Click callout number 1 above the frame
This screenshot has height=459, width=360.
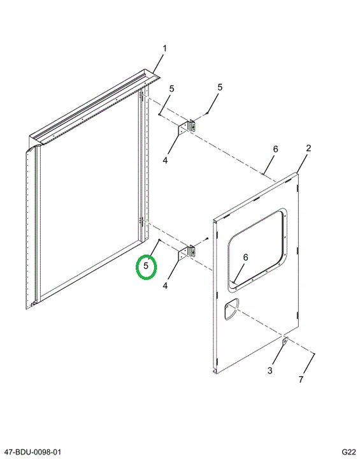165,48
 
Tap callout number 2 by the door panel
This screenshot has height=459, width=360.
308,148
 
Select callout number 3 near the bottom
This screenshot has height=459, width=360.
270,370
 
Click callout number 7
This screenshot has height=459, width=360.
301,379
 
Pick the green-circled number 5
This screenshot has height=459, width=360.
146,266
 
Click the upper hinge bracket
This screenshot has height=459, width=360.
187,127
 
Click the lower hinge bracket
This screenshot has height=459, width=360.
187,252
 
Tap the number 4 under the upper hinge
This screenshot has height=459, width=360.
165,161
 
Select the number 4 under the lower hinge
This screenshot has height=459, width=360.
165,286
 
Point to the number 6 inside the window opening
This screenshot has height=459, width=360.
245,258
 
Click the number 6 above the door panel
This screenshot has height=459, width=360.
275,149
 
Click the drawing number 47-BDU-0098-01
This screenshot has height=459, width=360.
32,452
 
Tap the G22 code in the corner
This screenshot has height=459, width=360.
349,452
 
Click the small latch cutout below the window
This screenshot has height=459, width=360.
231,309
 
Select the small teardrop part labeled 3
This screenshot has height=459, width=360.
285,341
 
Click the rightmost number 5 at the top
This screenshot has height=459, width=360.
220,87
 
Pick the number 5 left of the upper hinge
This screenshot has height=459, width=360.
171,89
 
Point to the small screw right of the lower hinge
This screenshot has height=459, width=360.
207,238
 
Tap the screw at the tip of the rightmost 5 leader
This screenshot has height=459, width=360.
207,113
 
